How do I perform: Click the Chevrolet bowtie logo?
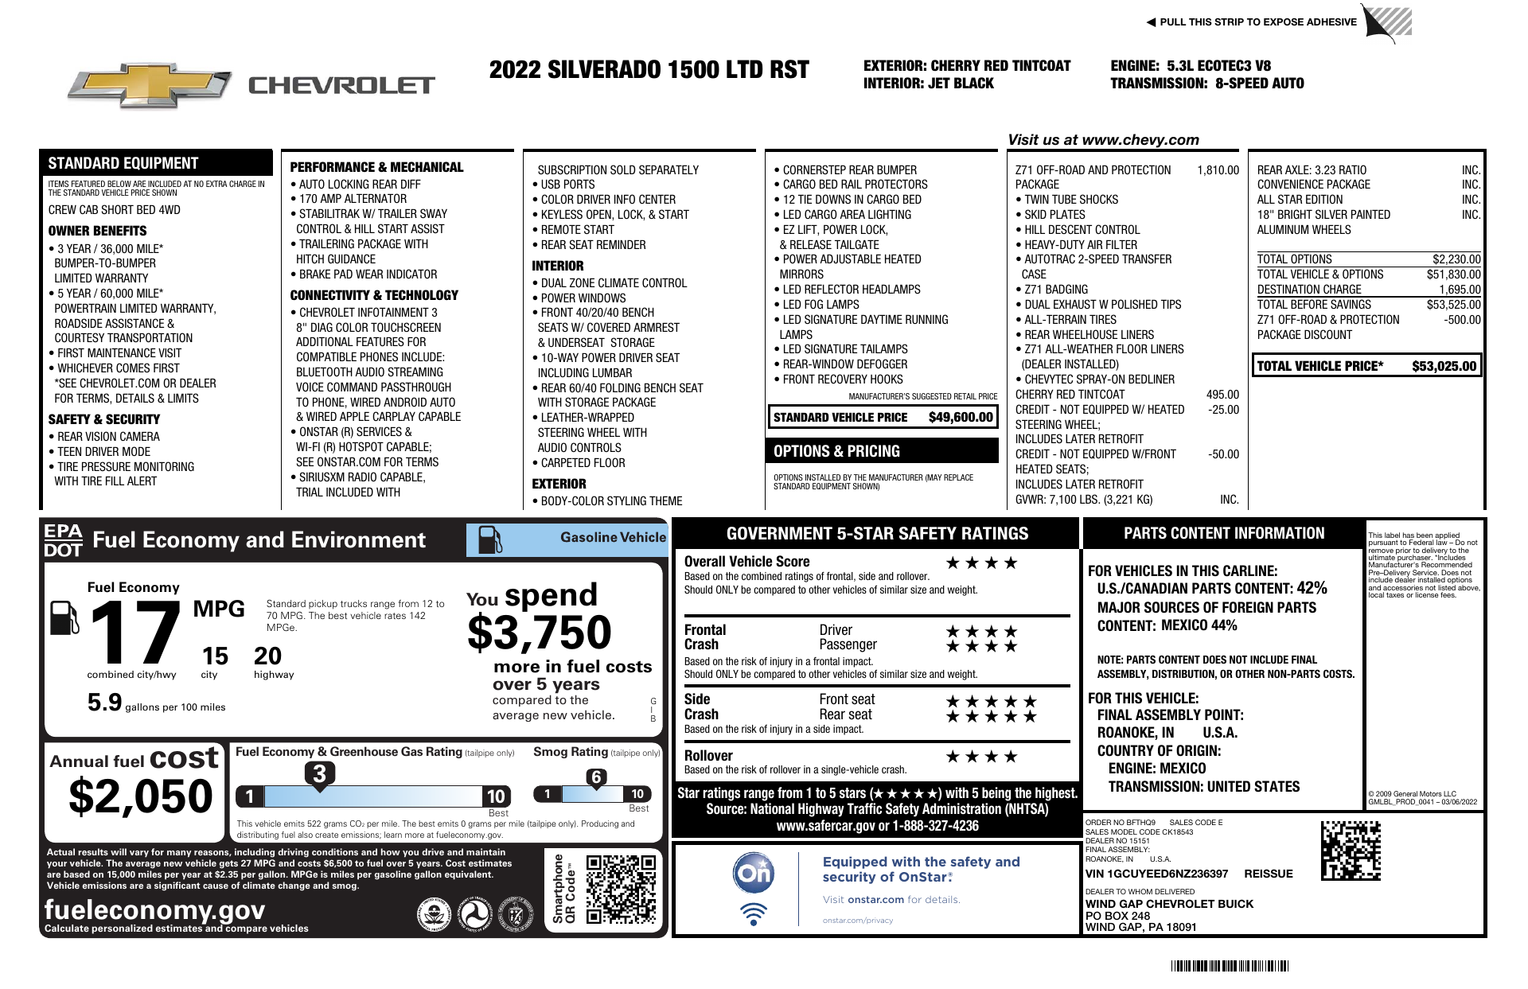(x=150, y=86)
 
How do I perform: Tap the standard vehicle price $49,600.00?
(x=960, y=417)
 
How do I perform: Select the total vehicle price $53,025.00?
(x=1444, y=366)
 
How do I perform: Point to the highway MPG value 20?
(x=267, y=656)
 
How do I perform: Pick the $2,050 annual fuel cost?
(x=141, y=796)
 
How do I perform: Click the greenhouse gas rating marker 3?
(x=319, y=773)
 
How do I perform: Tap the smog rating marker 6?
(x=596, y=777)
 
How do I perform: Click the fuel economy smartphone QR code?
(x=621, y=889)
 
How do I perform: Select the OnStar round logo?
(x=753, y=874)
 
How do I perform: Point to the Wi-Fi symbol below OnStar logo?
(x=753, y=913)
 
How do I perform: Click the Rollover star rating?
(x=981, y=757)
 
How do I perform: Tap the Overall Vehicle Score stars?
(x=981, y=563)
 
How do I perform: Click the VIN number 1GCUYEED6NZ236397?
(x=1156, y=874)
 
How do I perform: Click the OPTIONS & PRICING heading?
(x=836, y=451)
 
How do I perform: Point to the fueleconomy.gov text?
(x=154, y=909)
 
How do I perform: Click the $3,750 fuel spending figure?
(x=540, y=633)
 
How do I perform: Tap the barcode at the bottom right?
(x=1229, y=967)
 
